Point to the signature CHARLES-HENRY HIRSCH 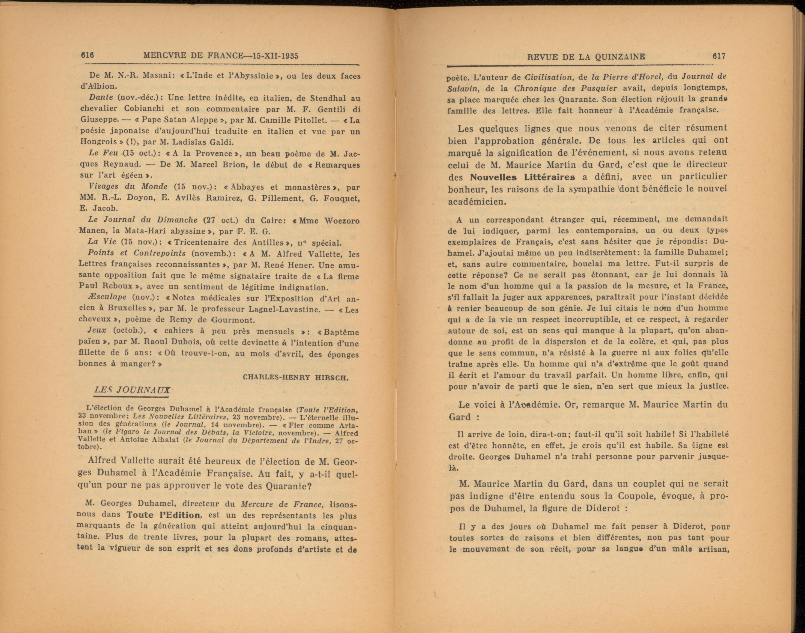295,377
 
